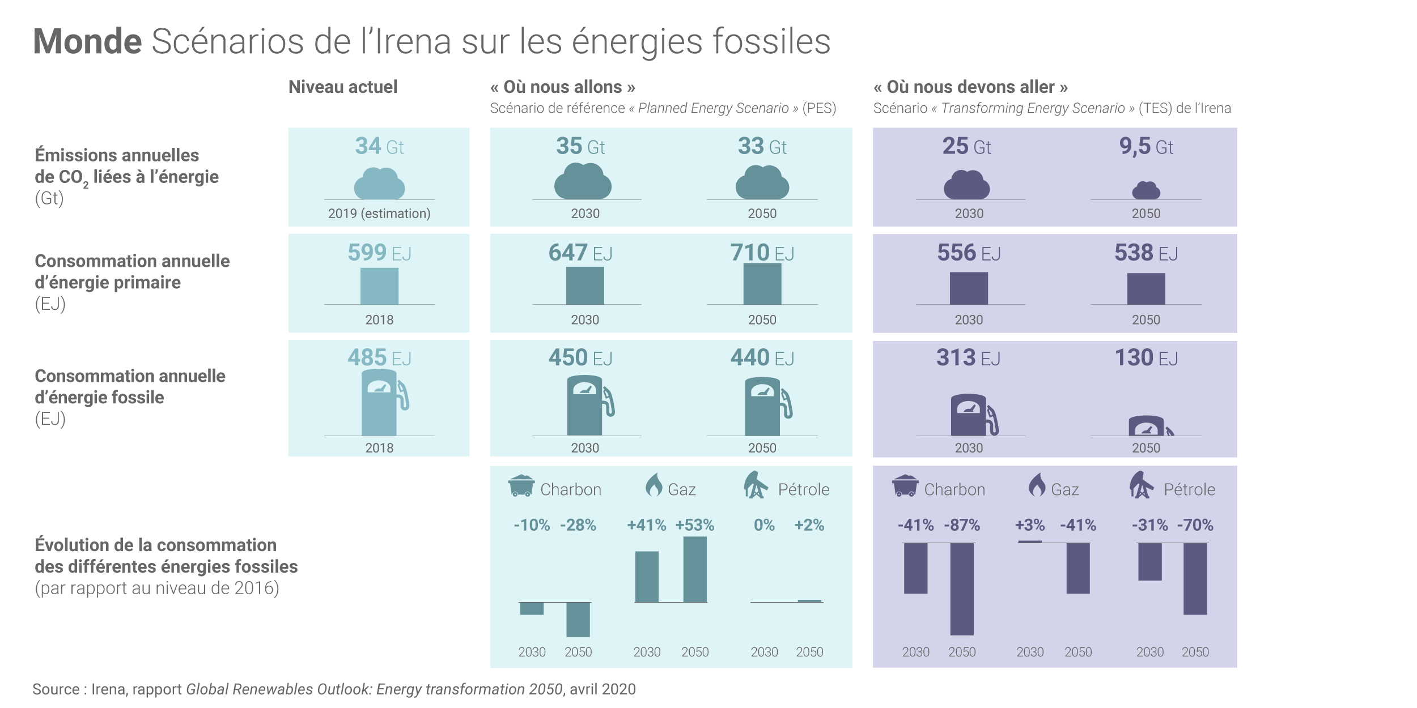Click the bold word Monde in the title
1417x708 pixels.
[x=87, y=41]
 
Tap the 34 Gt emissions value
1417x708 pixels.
[x=379, y=146]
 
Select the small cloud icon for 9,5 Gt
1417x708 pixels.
[x=1146, y=190]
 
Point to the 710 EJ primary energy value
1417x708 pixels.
[x=762, y=253]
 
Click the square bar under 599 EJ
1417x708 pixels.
[x=379, y=286]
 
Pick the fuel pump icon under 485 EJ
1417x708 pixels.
[x=383, y=402]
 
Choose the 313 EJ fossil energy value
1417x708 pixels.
[x=968, y=358]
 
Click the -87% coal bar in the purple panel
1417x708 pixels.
[x=962, y=589]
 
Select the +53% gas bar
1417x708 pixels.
[x=695, y=569]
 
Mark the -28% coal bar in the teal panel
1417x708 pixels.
[x=578, y=619]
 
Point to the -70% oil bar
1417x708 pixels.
[x=1195, y=578]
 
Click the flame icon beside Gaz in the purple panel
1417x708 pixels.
[x=1037, y=485]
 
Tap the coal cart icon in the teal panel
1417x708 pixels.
[x=521, y=486]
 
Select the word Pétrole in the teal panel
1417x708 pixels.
[x=804, y=489]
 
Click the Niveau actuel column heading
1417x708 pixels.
[x=343, y=87]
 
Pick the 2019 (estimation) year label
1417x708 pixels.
[x=379, y=214]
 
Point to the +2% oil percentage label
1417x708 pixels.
[x=809, y=525]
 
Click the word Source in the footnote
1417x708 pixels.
[x=56, y=689]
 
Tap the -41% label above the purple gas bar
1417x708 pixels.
[x=1078, y=525]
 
